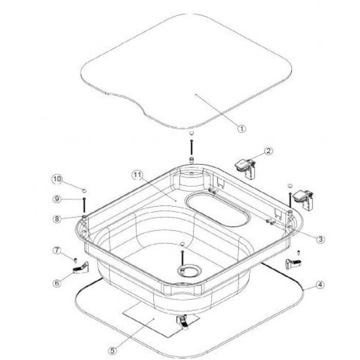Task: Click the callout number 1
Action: coord(241,129)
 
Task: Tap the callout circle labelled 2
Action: coord(268,151)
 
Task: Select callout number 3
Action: coord(320,239)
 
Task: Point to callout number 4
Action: coord(320,285)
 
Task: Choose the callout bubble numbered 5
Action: coord(112,351)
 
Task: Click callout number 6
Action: coord(57,283)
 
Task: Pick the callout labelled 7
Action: coord(57,250)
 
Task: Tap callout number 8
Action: coord(57,219)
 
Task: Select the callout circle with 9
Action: coord(57,199)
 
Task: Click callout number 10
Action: coord(57,179)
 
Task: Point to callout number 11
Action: coord(137,175)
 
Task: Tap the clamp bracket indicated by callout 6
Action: coord(81,267)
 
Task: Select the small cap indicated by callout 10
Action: coord(84,191)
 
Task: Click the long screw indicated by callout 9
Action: coord(84,205)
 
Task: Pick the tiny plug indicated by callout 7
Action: coord(75,260)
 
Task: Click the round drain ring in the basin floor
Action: coord(189,271)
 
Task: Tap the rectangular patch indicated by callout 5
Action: coord(160,319)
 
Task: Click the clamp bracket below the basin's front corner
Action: coord(183,322)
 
